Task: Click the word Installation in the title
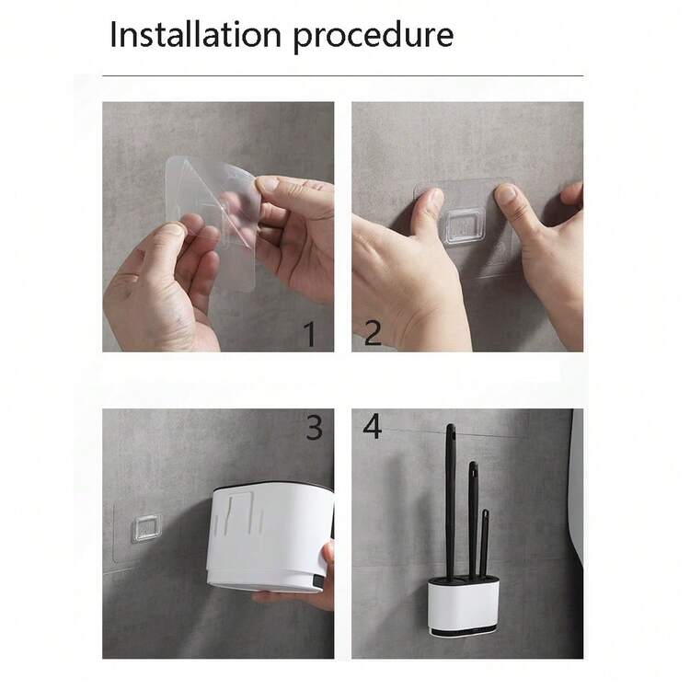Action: (x=195, y=34)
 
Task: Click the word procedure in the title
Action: (x=374, y=37)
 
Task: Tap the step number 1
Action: (x=310, y=334)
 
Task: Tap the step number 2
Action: (x=373, y=333)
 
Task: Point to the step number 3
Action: (x=315, y=427)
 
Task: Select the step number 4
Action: (x=373, y=426)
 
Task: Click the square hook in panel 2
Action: (x=465, y=226)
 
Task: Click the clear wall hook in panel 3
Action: (x=147, y=528)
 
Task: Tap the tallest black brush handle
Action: (x=450, y=501)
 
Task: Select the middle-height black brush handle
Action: (x=473, y=520)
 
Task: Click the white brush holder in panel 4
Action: (x=464, y=608)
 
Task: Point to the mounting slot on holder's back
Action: (x=240, y=512)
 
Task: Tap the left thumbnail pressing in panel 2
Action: (x=433, y=199)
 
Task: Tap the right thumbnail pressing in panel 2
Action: (x=506, y=193)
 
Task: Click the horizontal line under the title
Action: (x=343, y=76)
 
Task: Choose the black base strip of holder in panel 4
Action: (x=465, y=632)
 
